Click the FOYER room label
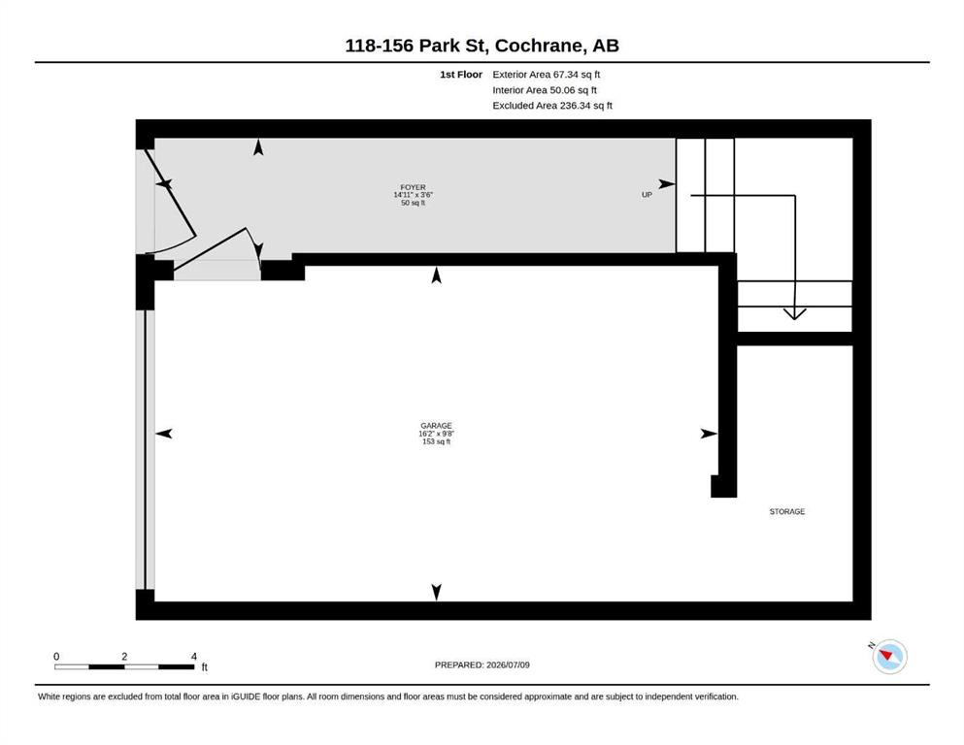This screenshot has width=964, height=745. [x=414, y=187]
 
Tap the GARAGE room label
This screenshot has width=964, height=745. [x=437, y=426]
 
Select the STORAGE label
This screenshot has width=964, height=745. [x=787, y=511]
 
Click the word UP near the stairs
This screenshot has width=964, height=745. [x=647, y=195]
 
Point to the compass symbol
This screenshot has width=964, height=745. [x=889, y=656]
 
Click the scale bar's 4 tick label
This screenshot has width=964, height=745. [x=193, y=657]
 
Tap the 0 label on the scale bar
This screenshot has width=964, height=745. [x=56, y=657]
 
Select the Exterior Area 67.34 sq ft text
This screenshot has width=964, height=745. [x=546, y=75]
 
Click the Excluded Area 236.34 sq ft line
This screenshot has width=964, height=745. [x=552, y=106]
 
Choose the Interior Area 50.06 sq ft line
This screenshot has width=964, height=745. [x=544, y=90]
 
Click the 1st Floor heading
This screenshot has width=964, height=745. [x=461, y=75]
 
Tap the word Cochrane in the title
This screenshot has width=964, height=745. [x=539, y=46]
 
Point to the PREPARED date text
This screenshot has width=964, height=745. [x=482, y=664]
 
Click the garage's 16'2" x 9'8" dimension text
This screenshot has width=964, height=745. [x=437, y=434]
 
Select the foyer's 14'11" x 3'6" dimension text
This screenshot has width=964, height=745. [x=414, y=195]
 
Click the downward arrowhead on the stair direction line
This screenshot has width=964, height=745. [x=794, y=314]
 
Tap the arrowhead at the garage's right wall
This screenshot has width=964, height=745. [x=709, y=434]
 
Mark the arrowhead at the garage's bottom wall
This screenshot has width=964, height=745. [x=437, y=592]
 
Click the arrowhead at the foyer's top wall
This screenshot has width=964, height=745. [x=258, y=147]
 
